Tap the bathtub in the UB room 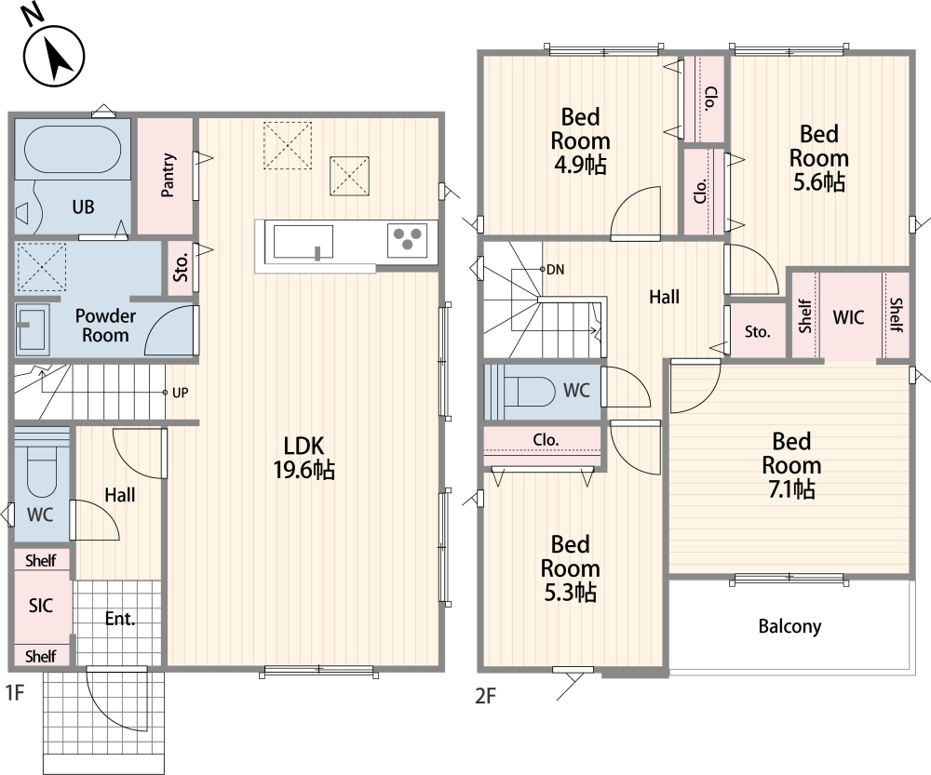pos(73,150)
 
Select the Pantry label pos(168,175)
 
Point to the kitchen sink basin pos(303,242)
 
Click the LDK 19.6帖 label pos(304,458)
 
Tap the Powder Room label pos(105,326)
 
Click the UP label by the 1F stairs pos(180,393)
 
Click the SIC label pos(41,606)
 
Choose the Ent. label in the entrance pos(120,619)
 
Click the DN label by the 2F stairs pos(555,270)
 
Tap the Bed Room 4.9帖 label pos(580,140)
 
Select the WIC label pos(848,317)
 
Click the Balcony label pos(789,627)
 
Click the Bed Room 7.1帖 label pos(791,465)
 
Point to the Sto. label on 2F pos(758,331)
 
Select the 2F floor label pos(485,696)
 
